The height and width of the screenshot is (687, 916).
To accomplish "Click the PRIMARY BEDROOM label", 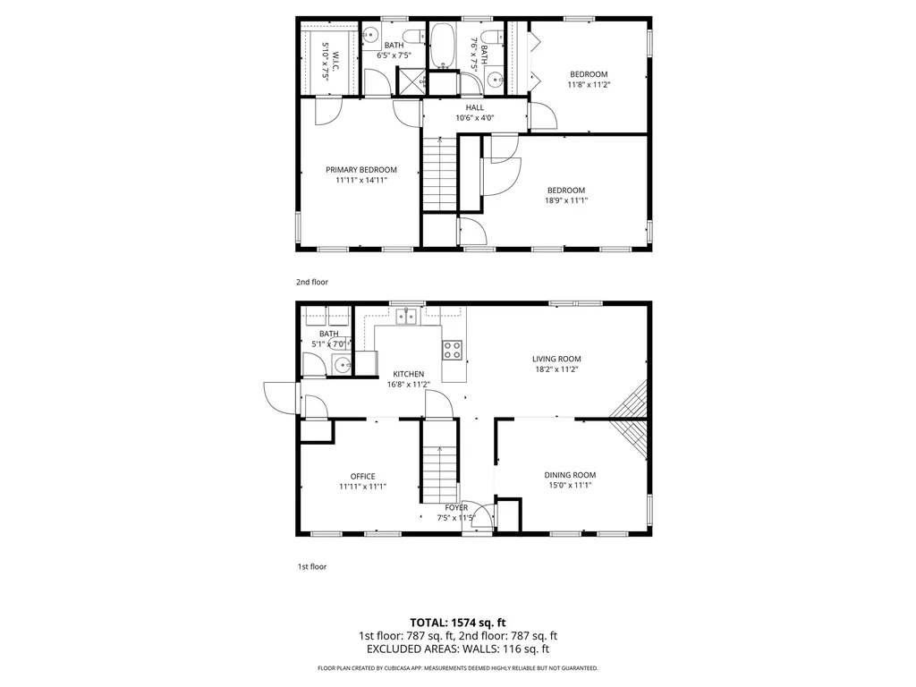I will point(360,170).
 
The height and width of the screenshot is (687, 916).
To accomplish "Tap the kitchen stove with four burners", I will point(453,350).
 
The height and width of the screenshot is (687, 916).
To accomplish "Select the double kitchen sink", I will point(408,316).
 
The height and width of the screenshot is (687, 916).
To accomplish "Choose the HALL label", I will point(474,107).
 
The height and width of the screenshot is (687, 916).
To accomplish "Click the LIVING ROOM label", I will point(556,359).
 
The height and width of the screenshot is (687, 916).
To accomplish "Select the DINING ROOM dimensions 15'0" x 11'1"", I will point(570,486).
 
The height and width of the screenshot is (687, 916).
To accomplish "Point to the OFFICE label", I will point(362,476).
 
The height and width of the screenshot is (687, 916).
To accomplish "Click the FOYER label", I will point(456,507).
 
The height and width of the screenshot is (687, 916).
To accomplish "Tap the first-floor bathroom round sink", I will point(341,363).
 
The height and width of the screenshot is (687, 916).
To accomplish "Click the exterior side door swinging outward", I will point(279,395).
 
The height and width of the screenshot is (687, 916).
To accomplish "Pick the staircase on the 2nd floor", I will point(439,175).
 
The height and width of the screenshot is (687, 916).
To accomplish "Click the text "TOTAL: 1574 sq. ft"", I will point(458,622).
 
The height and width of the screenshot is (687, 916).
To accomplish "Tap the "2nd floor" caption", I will point(312,282).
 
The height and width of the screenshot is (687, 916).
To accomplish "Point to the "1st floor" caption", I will point(311,566).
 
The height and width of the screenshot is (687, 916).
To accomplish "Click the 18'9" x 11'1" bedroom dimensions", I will point(566,200).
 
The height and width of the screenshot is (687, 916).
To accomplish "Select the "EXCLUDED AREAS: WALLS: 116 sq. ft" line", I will point(458,649).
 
